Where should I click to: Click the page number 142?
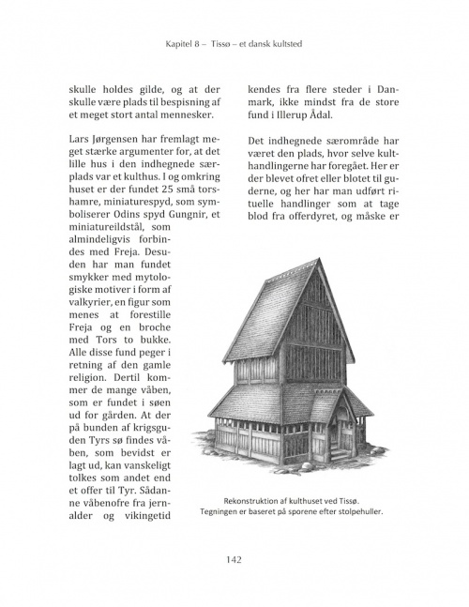tap(234, 560)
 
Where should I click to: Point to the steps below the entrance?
tap(359, 459)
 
